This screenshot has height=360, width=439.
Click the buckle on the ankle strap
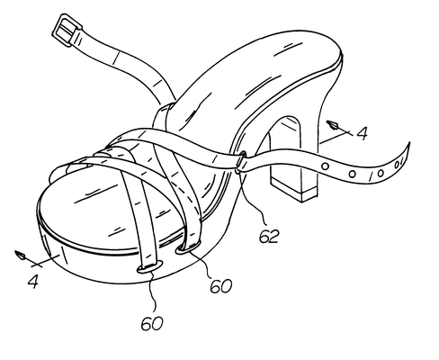67,30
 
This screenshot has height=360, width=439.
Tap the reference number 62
269,236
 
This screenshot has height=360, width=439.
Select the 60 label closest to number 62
220,286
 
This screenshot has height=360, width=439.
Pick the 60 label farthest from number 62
152,323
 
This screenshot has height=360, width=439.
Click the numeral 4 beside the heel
363,133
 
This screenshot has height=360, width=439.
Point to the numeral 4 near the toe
33,281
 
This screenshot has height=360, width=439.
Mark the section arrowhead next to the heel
333,124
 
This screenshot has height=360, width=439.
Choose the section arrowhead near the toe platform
21,255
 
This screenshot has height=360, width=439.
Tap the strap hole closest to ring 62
325,166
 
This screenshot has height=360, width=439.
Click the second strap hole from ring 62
353,174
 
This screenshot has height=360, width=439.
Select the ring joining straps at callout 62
240,163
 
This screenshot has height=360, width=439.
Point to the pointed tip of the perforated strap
408,144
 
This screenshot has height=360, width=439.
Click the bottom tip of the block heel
302,201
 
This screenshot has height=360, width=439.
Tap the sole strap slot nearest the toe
150,267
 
